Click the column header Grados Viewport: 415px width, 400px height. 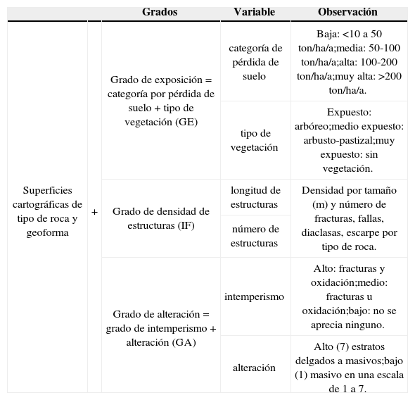(160, 12)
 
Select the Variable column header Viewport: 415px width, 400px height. (254, 12)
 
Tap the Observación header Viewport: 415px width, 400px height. (347, 12)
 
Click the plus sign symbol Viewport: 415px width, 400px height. (95, 211)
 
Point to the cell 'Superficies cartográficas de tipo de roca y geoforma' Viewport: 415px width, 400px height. (47, 211)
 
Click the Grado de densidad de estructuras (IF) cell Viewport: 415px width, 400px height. (161, 218)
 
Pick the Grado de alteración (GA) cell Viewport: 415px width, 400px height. (161, 328)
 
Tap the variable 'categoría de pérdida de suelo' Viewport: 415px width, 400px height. (255, 62)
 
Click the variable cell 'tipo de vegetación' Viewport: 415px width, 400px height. (255, 140)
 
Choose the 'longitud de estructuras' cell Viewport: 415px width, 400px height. (255, 197)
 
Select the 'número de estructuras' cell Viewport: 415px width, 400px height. (255, 236)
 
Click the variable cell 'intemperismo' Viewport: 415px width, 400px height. (255, 296)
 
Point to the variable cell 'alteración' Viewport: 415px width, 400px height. (255, 367)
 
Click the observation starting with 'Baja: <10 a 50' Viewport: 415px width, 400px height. (349, 62)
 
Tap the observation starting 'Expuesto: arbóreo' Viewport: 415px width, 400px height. (349, 140)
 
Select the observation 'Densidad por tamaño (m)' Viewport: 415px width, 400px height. (349, 218)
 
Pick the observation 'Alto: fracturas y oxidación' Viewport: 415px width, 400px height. (349, 296)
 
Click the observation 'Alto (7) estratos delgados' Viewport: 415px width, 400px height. (349, 367)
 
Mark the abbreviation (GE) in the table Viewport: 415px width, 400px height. (186, 121)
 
